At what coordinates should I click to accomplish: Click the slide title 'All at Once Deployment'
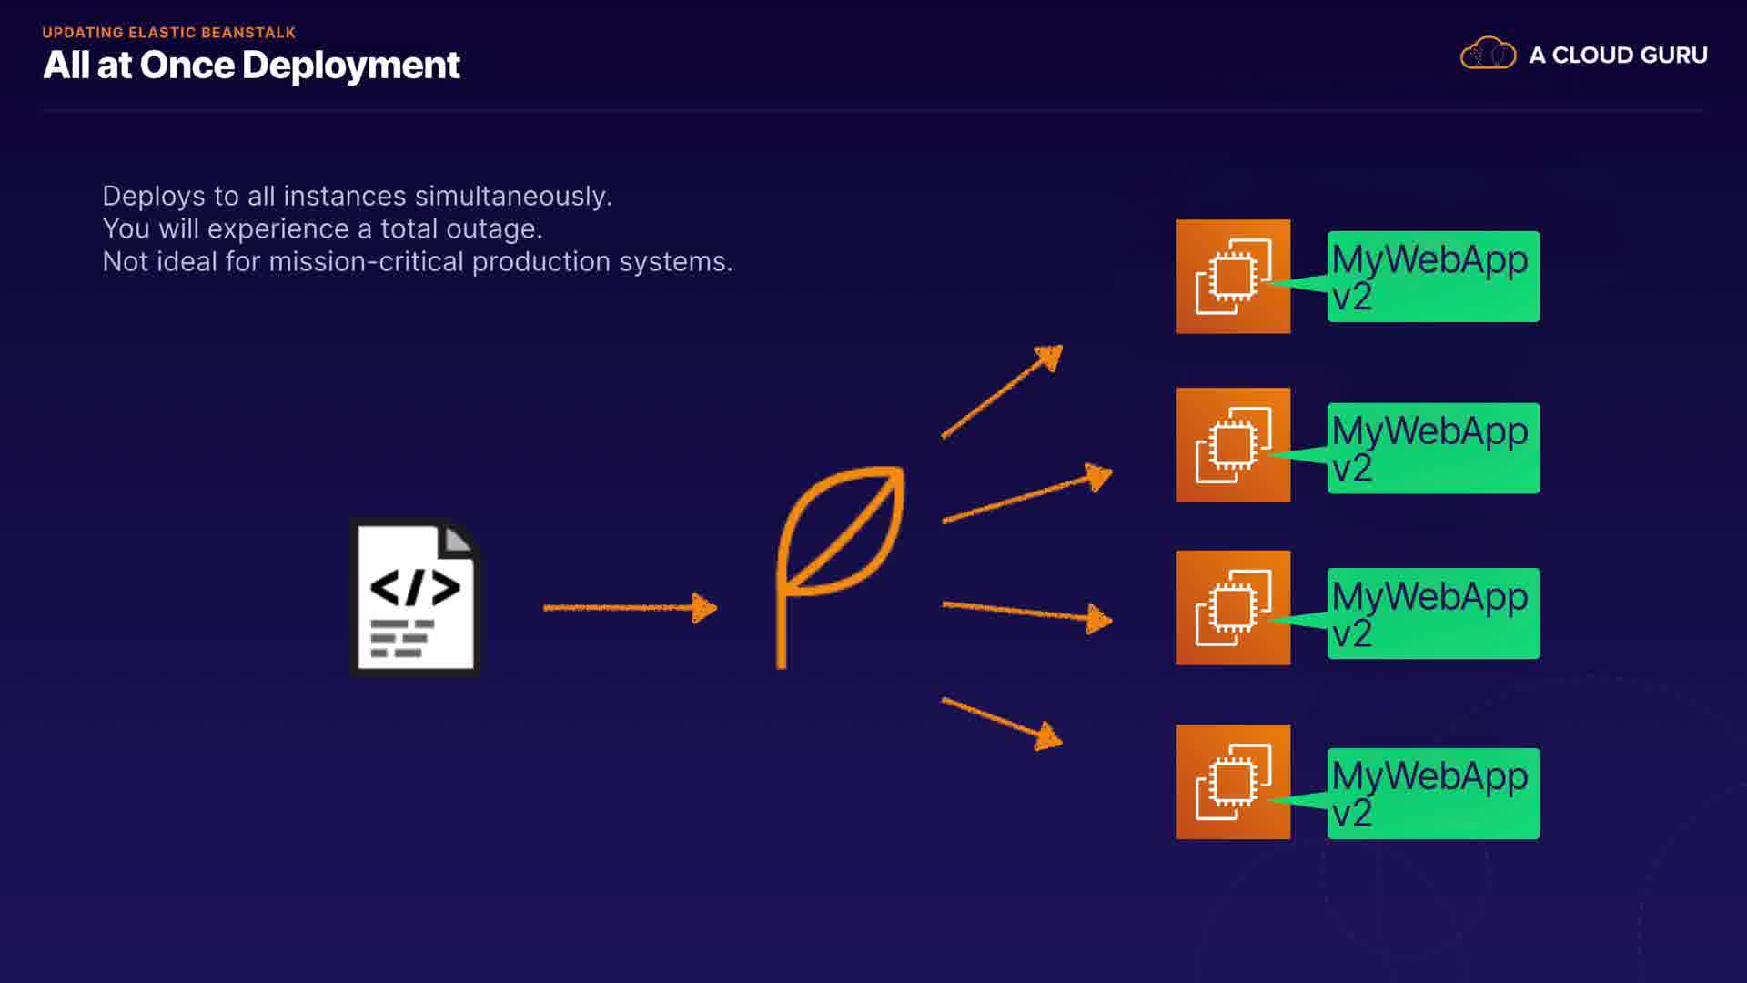point(251,66)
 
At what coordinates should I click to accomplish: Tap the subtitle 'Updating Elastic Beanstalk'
point(169,33)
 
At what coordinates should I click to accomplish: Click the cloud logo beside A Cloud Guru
point(1488,53)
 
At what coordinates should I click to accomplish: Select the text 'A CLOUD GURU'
point(1618,56)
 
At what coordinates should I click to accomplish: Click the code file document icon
point(416,597)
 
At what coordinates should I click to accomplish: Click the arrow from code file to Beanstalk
point(630,607)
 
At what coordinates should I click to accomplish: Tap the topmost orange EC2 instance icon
point(1233,277)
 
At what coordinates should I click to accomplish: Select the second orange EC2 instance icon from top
point(1233,445)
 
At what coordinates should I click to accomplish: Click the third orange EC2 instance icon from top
point(1233,608)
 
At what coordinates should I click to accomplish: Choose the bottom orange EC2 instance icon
point(1233,782)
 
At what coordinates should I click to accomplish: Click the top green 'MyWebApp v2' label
point(1433,277)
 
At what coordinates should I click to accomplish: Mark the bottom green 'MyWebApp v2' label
point(1433,794)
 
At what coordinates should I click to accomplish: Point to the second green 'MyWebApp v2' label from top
point(1433,449)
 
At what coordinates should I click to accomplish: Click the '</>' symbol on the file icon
point(415,588)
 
